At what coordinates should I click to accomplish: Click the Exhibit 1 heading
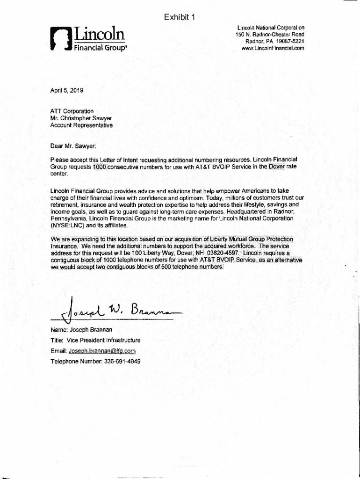coord(180,18)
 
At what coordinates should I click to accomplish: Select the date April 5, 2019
coord(66,91)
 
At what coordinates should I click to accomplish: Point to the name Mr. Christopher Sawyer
coord(81,118)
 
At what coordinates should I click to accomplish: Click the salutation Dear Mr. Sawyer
coord(73,146)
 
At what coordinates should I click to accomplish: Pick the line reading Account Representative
coord(81,125)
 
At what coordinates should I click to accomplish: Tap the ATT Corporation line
coord(72,111)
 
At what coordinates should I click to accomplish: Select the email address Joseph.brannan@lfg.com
coord(102,351)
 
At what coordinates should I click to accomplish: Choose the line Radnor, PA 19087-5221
coord(275,42)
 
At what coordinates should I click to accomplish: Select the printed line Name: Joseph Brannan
coord(81,330)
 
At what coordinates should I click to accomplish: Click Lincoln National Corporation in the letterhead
coord(271,28)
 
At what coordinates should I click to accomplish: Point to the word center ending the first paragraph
coord(59,174)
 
